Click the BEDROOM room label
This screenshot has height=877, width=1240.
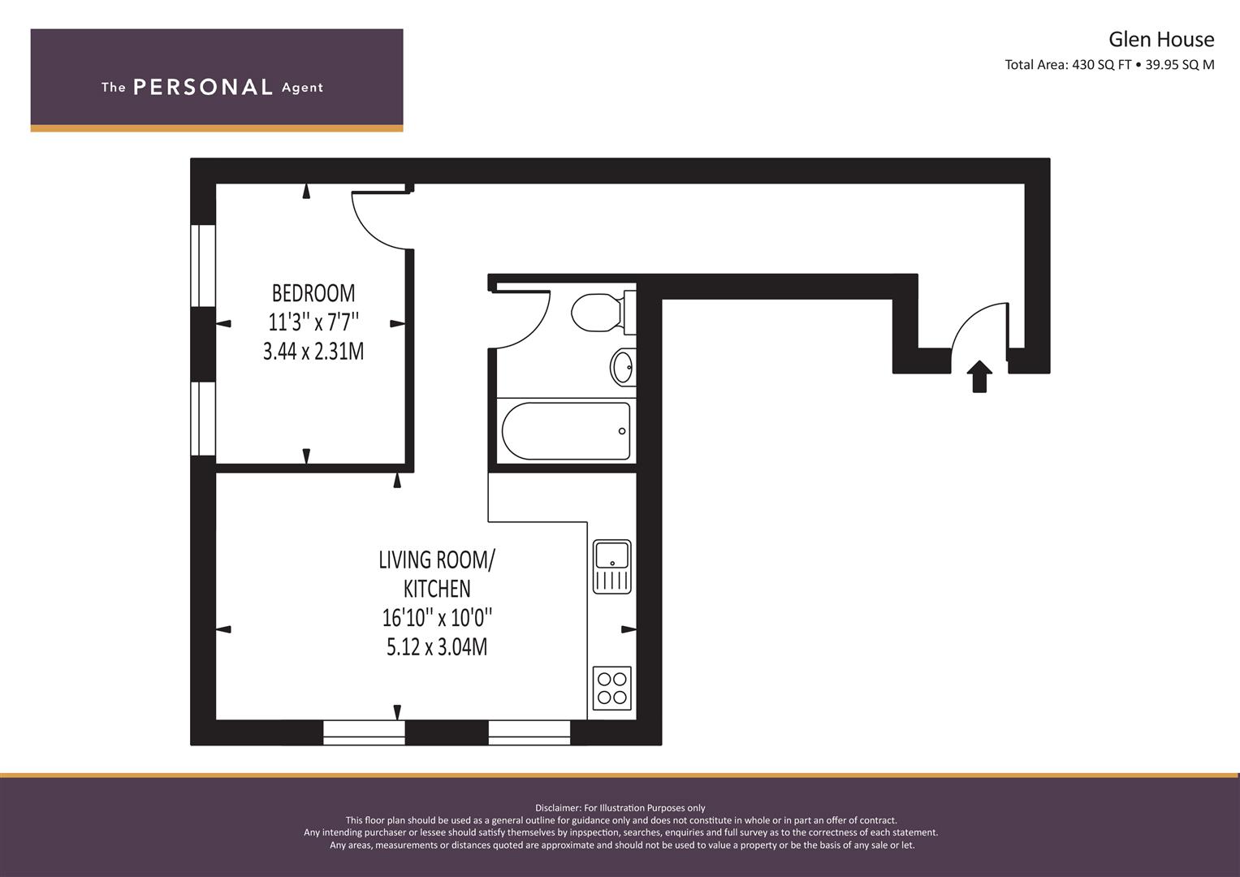313,292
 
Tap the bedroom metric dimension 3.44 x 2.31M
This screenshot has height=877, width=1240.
313,352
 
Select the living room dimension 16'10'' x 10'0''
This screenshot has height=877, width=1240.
437,618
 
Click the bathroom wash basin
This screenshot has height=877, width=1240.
623,367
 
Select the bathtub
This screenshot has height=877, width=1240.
566,430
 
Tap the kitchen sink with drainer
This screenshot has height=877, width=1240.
611,566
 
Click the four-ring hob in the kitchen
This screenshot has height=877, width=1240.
611,688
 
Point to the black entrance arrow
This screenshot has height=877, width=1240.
980,376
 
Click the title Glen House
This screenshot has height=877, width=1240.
1161,39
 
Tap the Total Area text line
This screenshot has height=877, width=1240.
1109,65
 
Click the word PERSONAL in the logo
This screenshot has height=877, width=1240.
202,87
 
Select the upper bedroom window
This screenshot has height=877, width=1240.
203,266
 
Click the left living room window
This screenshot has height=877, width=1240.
364,732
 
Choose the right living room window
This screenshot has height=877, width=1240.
529,732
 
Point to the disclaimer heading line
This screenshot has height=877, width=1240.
620,808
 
